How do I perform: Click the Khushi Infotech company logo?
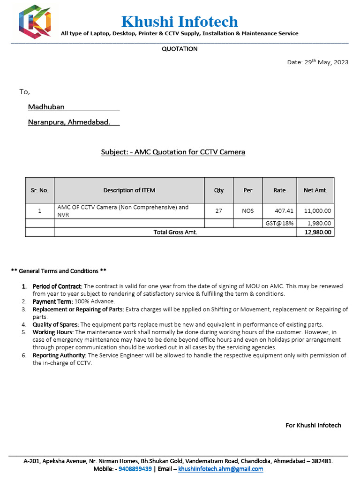click(x=34, y=22)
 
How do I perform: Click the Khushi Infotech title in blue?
click(x=180, y=22)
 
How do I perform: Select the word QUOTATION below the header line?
click(x=180, y=49)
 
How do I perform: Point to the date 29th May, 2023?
click(x=317, y=62)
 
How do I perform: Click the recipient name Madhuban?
click(x=46, y=107)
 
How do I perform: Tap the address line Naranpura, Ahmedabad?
click(x=69, y=122)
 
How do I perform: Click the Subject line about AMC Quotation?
click(x=173, y=152)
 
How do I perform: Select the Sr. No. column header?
click(x=40, y=190)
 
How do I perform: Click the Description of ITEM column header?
click(x=129, y=190)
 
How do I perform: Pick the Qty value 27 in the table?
click(x=218, y=211)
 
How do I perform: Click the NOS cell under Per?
click(x=247, y=211)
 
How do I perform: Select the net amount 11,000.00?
click(x=317, y=211)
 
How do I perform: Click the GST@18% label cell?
click(x=279, y=224)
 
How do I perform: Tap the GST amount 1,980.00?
click(x=319, y=224)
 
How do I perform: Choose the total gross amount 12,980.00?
click(x=318, y=232)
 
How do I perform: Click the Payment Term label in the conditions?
click(x=52, y=301)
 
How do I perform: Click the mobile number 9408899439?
click(x=135, y=469)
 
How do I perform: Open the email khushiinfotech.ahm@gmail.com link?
click(x=220, y=469)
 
